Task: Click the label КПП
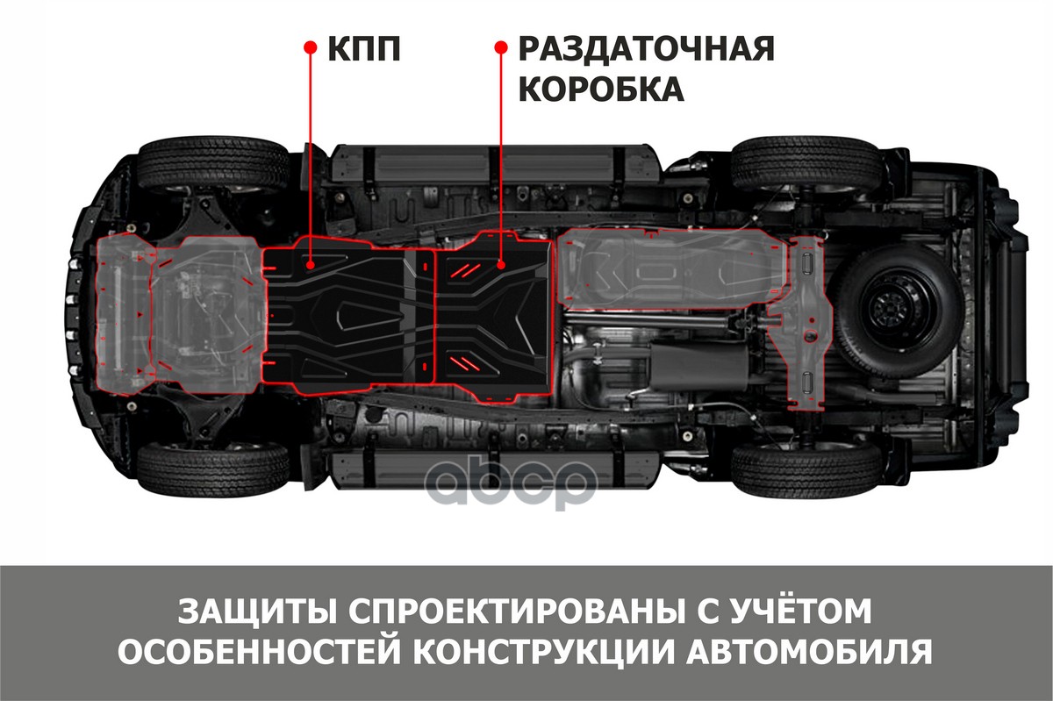[x=364, y=48]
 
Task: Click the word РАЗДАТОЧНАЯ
[x=647, y=48]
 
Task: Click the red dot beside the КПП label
[x=310, y=47]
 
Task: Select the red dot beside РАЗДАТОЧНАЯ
[x=502, y=47]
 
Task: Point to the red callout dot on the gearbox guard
[x=310, y=266]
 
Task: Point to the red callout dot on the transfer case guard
[x=502, y=266]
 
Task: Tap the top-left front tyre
[x=213, y=166]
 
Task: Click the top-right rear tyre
[x=806, y=163]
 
